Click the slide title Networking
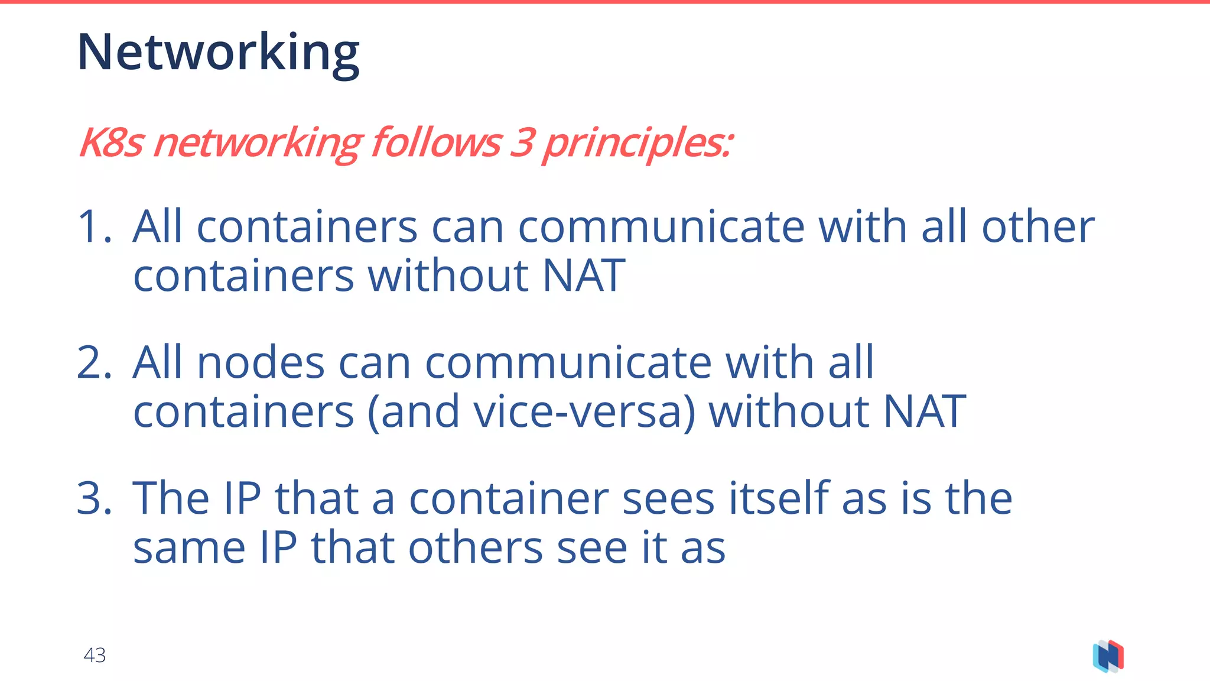[218, 53]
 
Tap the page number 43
[95, 655]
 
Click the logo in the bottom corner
[1108, 656]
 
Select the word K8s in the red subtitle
[111, 143]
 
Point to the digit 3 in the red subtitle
[522, 143]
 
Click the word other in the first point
[1038, 227]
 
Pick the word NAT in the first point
[584, 276]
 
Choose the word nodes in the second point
[261, 363]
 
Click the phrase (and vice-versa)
[532, 412]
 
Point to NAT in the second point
[925, 412]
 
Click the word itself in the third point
[779, 499]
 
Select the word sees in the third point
[668, 499]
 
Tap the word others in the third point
[475, 548]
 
